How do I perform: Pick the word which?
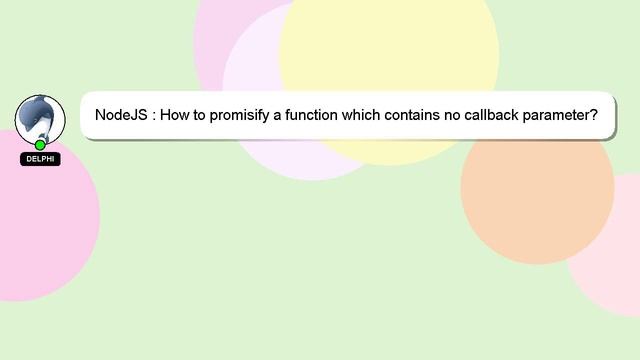click(362, 116)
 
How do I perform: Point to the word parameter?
click(565, 116)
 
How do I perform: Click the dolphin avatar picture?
click(39, 118)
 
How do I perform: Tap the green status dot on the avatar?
click(40, 145)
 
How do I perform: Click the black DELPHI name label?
click(40, 159)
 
